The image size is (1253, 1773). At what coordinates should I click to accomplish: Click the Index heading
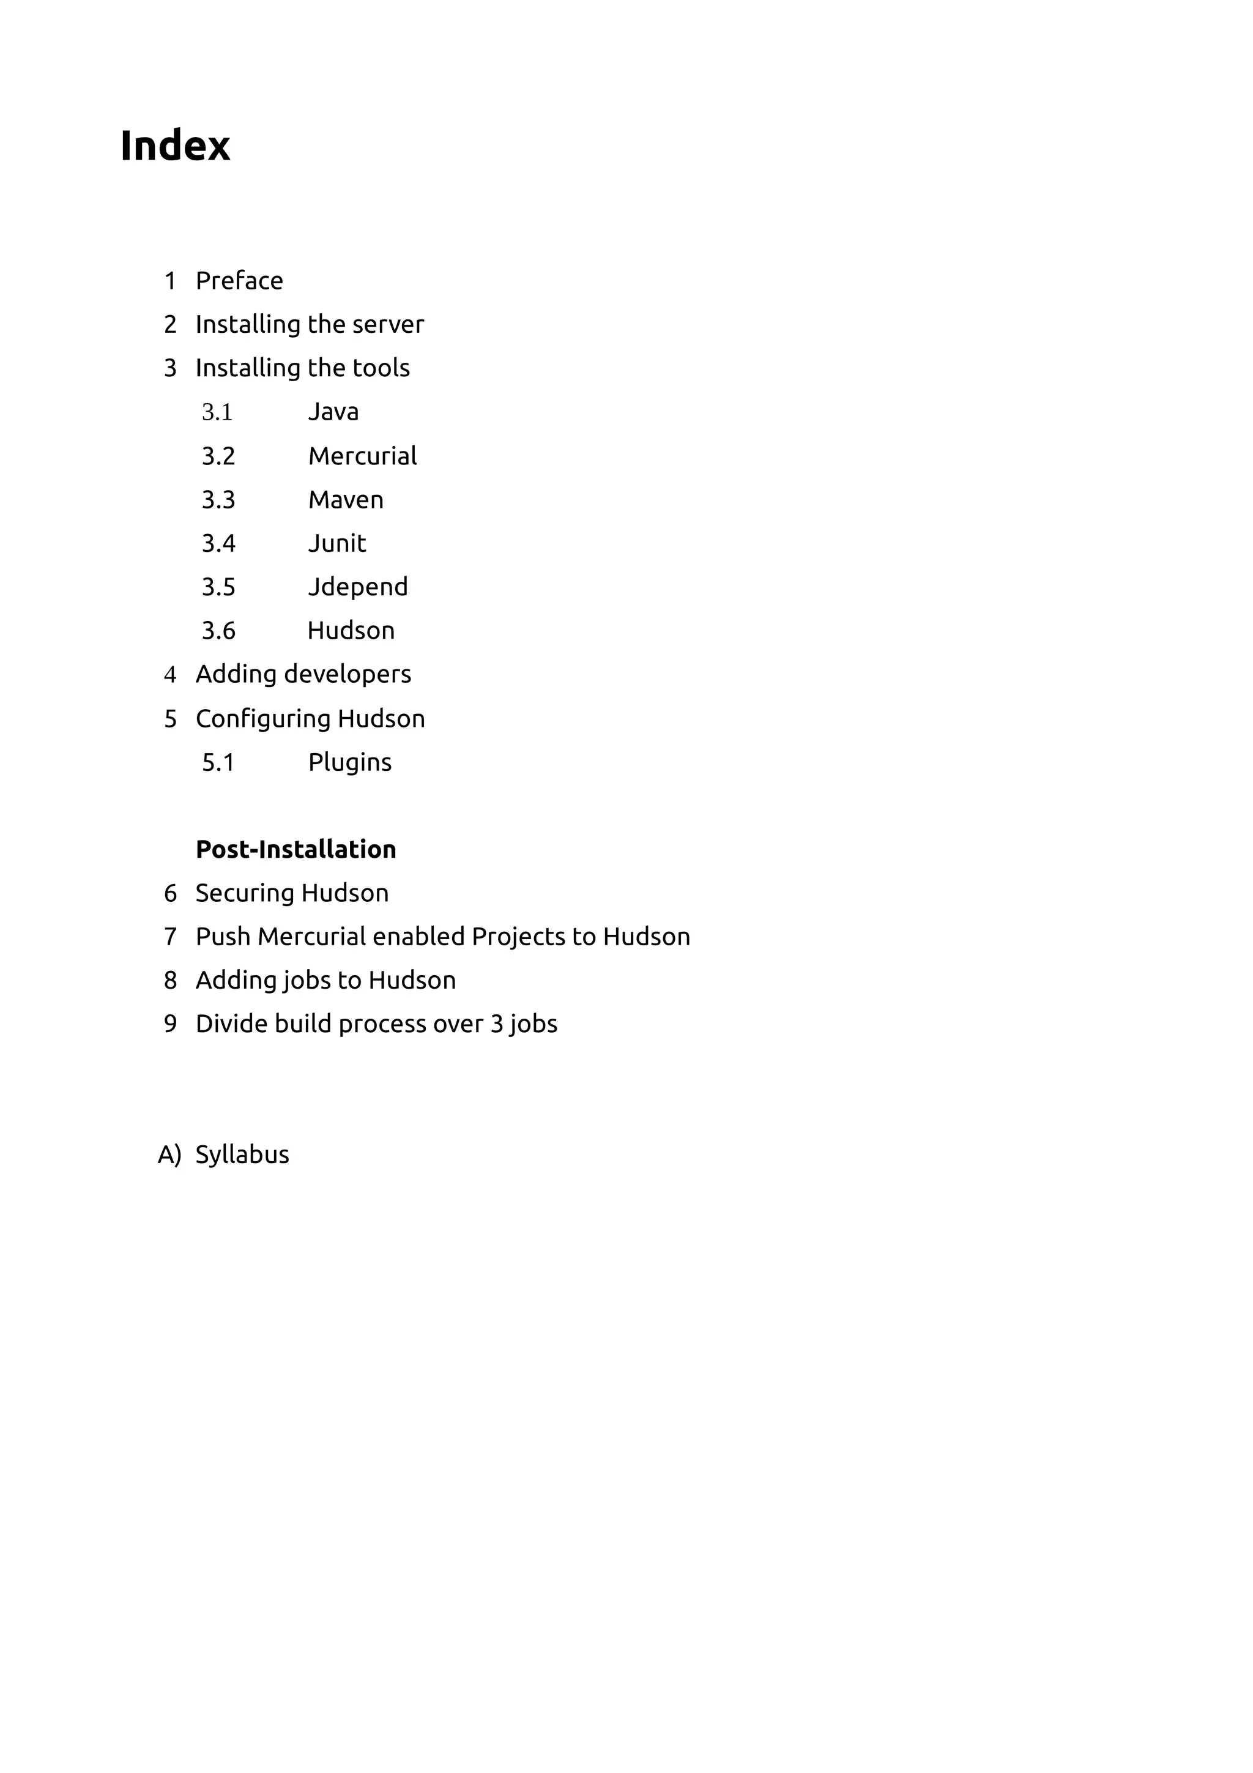coord(175,146)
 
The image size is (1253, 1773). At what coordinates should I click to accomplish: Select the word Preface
coord(239,281)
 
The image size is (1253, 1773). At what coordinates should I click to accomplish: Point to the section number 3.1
coord(217,412)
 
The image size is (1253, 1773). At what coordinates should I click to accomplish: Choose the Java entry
coord(333,412)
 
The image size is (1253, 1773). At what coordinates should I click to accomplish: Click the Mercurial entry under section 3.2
coord(362,456)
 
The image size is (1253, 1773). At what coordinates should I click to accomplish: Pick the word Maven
coord(346,500)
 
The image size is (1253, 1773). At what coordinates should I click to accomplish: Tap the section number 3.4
coord(218,544)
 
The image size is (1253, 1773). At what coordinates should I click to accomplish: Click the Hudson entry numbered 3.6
coord(351,631)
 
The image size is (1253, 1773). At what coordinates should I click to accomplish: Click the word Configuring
coord(263,719)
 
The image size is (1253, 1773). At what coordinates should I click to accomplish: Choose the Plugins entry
coord(350,763)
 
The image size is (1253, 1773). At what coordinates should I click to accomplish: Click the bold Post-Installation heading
coord(296,849)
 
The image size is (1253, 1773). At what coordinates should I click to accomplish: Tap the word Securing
coord(245,893)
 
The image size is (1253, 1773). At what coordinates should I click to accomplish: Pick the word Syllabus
coord(242,1155)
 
